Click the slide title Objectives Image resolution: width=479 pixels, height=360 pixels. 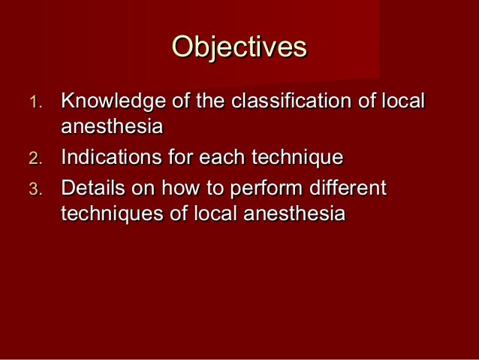tap(239, 47)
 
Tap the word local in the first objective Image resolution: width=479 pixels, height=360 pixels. tap(404, 101)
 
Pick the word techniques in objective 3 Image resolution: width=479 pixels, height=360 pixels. tap(107, 214)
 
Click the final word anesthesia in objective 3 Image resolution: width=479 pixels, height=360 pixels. tap(293, 214)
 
